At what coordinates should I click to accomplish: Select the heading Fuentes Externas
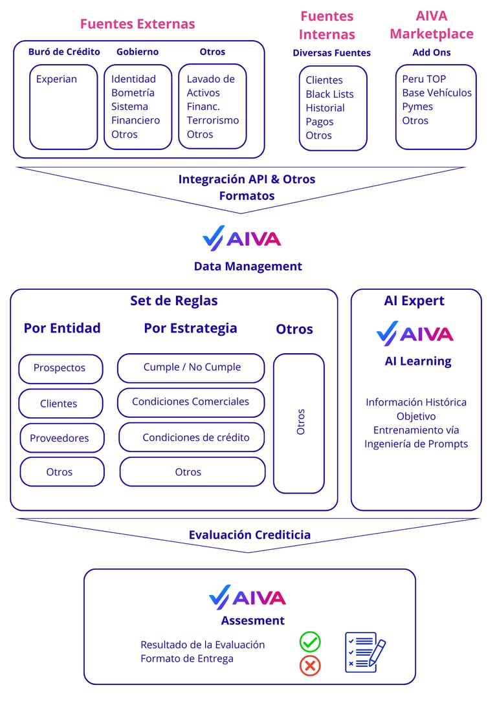(x=137, y=24)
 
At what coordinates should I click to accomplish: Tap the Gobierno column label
(x=137, y=52)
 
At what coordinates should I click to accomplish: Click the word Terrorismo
(x=212, y=120)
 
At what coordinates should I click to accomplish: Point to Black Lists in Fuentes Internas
(x=329, y=94)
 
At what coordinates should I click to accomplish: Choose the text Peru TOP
(x=424, y=79)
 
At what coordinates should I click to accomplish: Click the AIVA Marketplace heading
(x=431, y=25)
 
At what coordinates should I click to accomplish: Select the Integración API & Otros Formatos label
(x=247, y=187)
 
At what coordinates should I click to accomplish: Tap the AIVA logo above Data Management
(x=241, y=239)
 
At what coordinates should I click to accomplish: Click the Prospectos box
(x=60, y=368)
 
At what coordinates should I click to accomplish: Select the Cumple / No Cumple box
(x=191, y=367)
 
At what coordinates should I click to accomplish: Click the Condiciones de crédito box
(x=192, y=437)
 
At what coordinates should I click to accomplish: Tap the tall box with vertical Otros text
(x=299, y=422)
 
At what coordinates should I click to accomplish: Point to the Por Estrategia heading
(x=190, y=328)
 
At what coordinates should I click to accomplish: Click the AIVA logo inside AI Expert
(x=415, y=334)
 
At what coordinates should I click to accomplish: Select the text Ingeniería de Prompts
(x=415, y=444)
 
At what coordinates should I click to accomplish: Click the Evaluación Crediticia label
(x=249, y=535)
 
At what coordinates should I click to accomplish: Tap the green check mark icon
(x=310, y=642)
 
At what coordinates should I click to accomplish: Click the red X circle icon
(x=310, y=665)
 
